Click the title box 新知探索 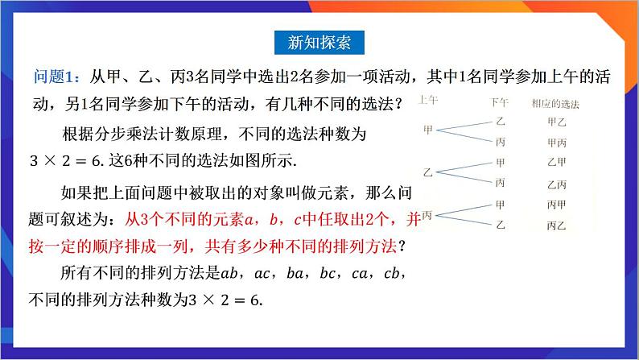(x=319, y=41)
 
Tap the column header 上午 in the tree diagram (x=428, y=100)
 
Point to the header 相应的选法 (x=555, y=104)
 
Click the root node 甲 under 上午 (x=428, y=129)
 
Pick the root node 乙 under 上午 (x=428, y=172)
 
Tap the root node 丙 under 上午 (x=427, y=215)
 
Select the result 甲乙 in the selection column (x=555, y=122)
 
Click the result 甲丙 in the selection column (x=555, y=142)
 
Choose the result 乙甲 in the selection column (x=555, y=162)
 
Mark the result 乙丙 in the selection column (x=555, y=184)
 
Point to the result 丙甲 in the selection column (x=555, y=205)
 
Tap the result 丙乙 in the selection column (x=555, y=226)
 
